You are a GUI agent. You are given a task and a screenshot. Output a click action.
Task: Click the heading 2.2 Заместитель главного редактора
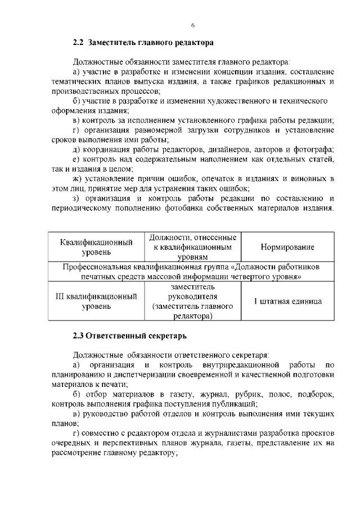coord(143,42)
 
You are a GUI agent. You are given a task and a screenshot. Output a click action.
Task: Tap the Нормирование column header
coord(287,247)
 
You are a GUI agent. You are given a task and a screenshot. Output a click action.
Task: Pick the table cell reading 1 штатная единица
coord(287,301)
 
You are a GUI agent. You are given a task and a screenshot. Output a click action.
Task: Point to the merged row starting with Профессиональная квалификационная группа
coord(191,271)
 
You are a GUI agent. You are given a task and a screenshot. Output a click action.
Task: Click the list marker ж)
coord(78,178)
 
